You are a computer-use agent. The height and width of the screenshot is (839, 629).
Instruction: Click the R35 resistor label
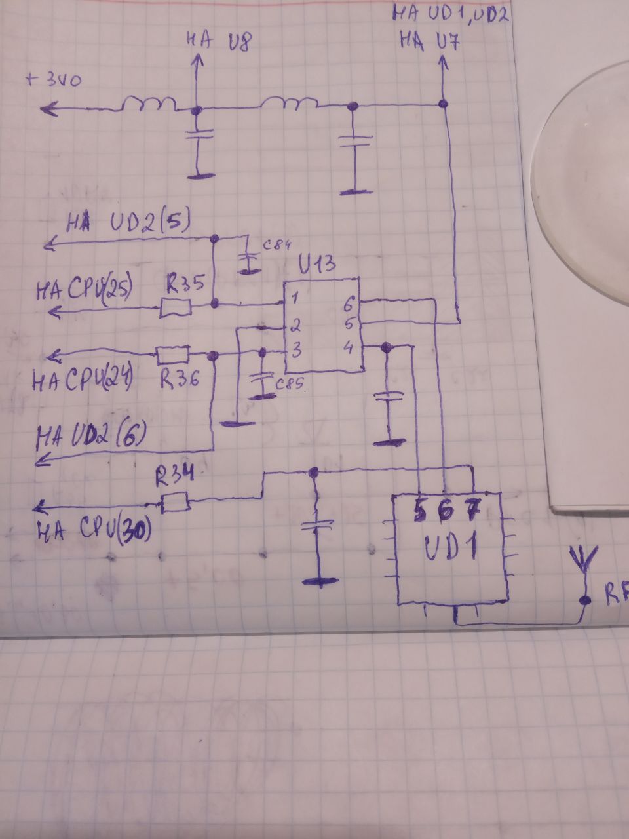point(185,284)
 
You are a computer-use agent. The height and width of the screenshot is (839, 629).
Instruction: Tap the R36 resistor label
point(180,381)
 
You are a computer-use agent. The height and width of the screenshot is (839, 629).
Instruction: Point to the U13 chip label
point(317,265)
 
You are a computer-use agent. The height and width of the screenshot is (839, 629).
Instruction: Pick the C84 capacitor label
point(276,246)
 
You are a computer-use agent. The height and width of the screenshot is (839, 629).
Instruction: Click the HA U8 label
point(217,43)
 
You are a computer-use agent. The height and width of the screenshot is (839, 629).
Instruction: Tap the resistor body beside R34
point(176,503)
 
